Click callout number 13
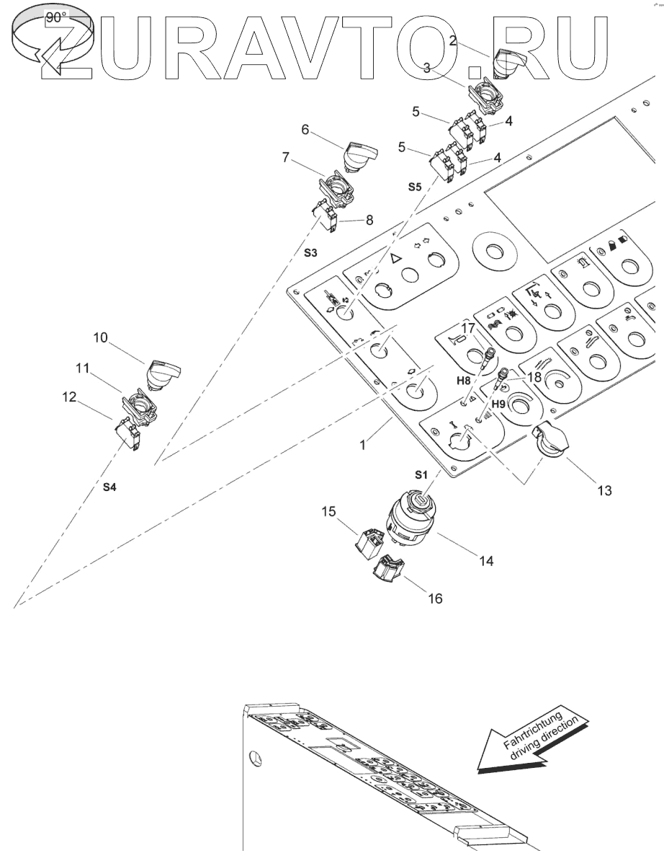(604, 490)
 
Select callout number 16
(436, 598)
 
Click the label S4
(108, 488)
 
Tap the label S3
(310, 253)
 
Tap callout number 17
(468, 328)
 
